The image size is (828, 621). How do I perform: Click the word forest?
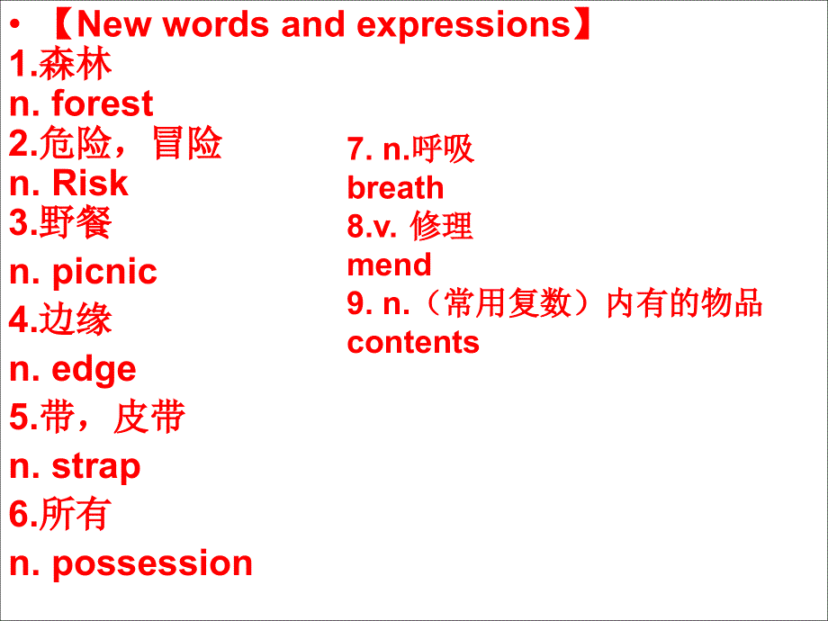pyautogui.click(x=103, y=104)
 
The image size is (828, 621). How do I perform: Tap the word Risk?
pyautogui.click(x=91, y=184)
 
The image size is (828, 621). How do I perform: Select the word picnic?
pyautogui.click(x=104, y=272)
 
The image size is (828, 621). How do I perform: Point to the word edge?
pyautogui.click(x=94, y=369)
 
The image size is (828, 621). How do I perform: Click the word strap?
pyautogui.click(x=96, y=466)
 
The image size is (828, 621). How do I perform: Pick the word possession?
pyautogui.click(x=152, y=563)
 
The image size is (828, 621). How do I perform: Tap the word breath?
pyautogui.click(x=395, y=188)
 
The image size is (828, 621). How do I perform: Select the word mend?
pyautogui.click(x=389, y=265)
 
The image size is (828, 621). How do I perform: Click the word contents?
pyautogui.click(x=413, y=342)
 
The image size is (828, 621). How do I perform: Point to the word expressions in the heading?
pyautogui.click(x=463, y=24)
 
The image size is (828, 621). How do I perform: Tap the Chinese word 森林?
pyautogui.click(x=76, y=65)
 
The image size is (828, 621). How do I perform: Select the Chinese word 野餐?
pyautogui.click(x=76, y=222)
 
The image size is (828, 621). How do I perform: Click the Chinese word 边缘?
pyautogui.click(x=76, y=320)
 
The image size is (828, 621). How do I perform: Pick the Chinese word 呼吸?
pyautogui.click(x=443, y=148)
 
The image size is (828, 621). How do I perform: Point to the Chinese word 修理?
pyautogui.click(x=442, y=227)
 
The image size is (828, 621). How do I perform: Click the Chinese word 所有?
pyautogui.click(x=76, y=515)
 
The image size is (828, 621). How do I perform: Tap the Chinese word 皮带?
pyautogui.click(x=149, y=418)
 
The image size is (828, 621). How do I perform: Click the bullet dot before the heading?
pyautogui.click(x=15, y=26)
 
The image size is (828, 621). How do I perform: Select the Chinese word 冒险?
pyautogui.click(x=187, y=144)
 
